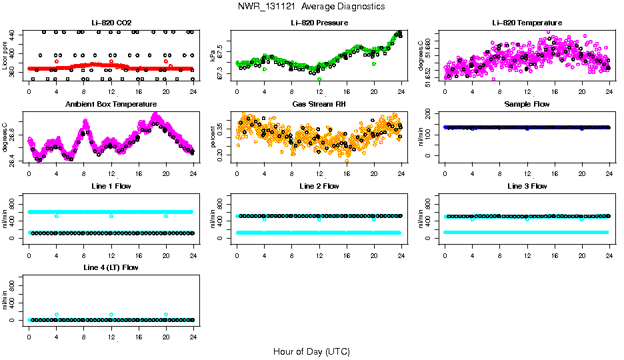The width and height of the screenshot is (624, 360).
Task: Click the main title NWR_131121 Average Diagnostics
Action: (x=311, y=6)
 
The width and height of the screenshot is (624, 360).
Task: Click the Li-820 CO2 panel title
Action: (x=111, y=23)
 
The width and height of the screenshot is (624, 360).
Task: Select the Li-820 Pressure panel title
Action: (x=319, y=23)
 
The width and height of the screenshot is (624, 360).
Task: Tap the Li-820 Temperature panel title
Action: (x=527, y=23)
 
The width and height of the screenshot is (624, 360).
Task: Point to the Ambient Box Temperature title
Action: (x=111, y=104)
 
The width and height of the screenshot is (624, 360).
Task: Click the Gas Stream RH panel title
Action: (x=319, y=104)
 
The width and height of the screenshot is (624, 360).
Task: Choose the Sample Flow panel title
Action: (x=527, y=104)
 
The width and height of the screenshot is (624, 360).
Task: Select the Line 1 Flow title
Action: (x=111, y=185)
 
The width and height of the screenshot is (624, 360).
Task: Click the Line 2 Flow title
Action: (x=319, y=185)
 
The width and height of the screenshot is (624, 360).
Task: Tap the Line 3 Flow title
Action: (x=527, y=185)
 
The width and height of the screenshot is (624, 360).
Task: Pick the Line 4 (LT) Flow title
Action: (x=111, y=267)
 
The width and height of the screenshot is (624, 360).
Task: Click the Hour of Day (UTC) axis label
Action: (x=311, y=351)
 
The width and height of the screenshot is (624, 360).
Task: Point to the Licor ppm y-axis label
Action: (x=5, y=55)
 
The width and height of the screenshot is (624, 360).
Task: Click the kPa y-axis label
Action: (x=213, y=55)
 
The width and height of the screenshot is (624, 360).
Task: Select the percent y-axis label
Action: (x=213, y=137)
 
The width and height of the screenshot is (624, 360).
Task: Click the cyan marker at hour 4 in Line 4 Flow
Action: (x=57, y=315)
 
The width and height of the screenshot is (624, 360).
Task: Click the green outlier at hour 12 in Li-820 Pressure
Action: (x=320, y=79)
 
